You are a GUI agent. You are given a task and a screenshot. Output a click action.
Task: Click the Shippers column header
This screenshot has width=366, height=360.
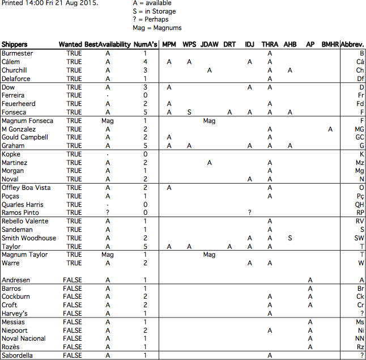coord(15,44)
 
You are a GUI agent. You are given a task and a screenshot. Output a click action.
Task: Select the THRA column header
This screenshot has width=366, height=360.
coord(270,44)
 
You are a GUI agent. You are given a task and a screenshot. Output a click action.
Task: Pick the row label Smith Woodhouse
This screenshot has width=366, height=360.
coord(29,238)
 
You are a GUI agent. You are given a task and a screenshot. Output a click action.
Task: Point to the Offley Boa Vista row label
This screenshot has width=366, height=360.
coord(26,188)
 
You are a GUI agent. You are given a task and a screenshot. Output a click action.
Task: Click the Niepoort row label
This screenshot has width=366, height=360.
coord(14,331)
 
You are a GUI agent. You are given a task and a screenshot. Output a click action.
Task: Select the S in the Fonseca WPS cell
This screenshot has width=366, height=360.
coord(189,112)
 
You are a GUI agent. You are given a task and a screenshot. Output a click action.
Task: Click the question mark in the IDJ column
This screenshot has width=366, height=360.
coord(249,213)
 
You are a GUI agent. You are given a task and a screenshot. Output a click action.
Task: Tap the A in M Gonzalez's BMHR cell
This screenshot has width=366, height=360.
coord(330,129)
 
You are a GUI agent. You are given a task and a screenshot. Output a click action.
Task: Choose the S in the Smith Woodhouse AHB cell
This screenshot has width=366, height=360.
coord(290,238)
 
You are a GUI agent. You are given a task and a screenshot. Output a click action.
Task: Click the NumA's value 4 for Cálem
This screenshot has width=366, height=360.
coord(146,62)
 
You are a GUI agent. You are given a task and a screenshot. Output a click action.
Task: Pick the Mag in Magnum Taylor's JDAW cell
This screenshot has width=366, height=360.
coord(209,255)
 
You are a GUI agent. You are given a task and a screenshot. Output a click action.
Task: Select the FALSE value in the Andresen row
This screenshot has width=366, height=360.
coord(73,280)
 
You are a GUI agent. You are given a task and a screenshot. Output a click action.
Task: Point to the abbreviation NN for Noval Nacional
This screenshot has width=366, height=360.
coord(359,338)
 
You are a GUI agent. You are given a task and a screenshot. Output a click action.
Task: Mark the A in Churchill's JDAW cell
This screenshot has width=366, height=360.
coord(210,70)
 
